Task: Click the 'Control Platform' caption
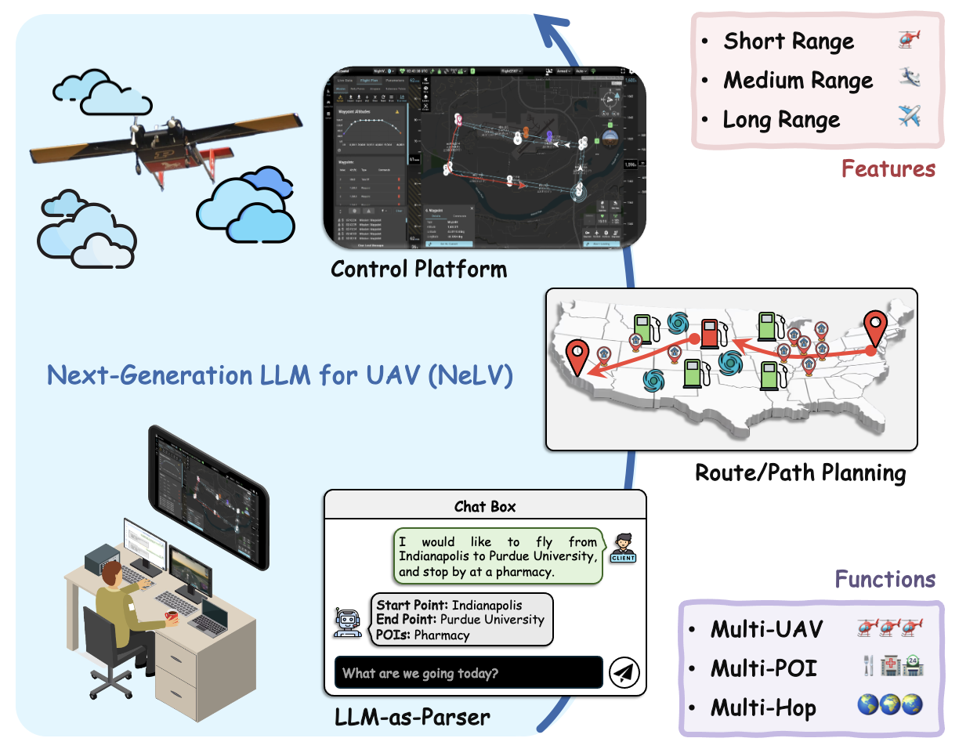point(418,270)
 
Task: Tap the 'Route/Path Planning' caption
point(800,473)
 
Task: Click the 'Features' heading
point(888,168)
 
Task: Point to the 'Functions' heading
point(885,579)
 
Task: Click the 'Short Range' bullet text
point(788,42)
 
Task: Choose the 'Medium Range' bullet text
point(798,81)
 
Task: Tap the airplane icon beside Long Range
point(908,119)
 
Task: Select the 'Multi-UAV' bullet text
point(766,629)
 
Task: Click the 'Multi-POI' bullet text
point(763,668)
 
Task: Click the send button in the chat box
point(624,672)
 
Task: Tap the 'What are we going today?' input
point(469,673)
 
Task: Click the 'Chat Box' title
point(485,506)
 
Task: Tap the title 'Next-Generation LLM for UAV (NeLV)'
point(280,375)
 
